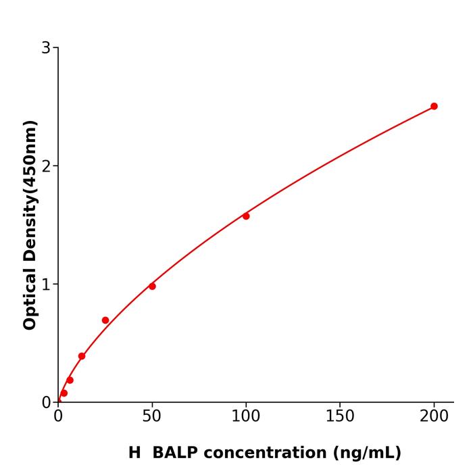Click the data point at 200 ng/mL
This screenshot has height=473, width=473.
pos(434,106)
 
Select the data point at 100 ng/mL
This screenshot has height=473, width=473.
pos(246,216)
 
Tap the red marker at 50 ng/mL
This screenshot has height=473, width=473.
pos(152,287)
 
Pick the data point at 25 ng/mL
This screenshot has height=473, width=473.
pos(105,320)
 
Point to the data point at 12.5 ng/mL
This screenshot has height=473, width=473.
pos(82,356)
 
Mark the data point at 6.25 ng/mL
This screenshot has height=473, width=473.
pos(70,380)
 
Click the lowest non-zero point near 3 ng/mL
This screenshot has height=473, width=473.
pos(64,393)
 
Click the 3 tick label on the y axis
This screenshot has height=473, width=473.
pos(46,48)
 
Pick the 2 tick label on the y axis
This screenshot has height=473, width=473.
pos(46,166)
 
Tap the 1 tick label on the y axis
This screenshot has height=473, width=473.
pos(46,284)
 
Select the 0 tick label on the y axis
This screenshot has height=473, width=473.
pos(46,403)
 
